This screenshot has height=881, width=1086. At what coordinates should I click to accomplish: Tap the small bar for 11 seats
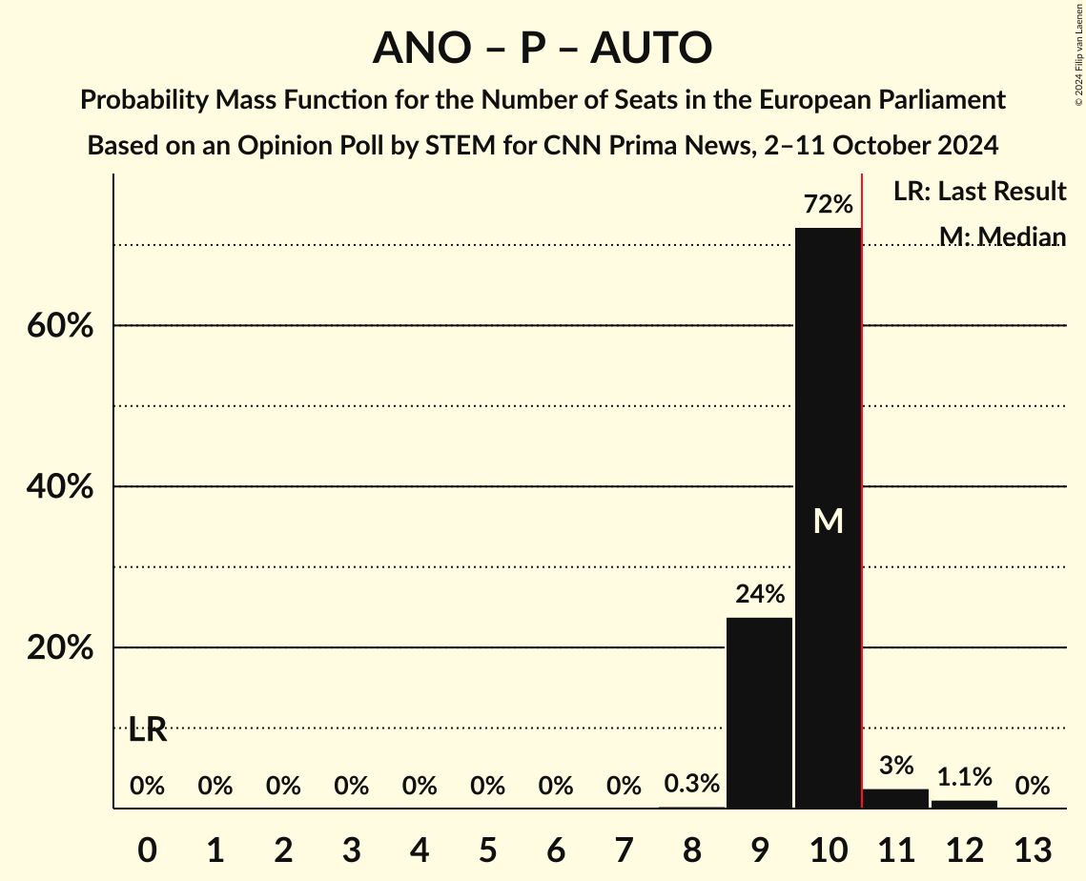point(895,798)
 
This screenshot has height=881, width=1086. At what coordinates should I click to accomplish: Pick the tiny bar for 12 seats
point(964,804)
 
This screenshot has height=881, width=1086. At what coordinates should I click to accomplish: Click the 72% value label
point(828,204)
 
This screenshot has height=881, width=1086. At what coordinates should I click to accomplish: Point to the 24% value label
point(759,594)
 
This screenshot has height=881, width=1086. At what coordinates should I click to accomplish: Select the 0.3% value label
point(691,784)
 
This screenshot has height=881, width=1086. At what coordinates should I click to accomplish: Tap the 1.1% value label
point(964,777)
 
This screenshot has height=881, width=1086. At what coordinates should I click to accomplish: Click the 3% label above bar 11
point(895,765)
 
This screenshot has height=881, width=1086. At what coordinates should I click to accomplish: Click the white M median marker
point(828,521)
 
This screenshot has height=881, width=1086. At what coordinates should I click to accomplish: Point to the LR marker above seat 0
point(148,731)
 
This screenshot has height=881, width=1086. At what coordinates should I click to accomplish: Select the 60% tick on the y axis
point(59,326)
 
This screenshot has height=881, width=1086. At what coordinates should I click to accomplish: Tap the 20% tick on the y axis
point(59,648)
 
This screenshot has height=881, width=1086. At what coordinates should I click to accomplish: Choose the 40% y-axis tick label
point(59,487)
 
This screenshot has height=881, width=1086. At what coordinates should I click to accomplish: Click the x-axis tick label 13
point(1032,849)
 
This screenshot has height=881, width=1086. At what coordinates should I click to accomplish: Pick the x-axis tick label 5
point(487,849)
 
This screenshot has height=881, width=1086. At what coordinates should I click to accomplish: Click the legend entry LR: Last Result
point(979,192)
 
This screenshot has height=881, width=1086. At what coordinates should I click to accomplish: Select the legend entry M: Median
point(1002,236)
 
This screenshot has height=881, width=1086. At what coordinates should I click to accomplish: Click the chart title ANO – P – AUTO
point(543,48)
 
